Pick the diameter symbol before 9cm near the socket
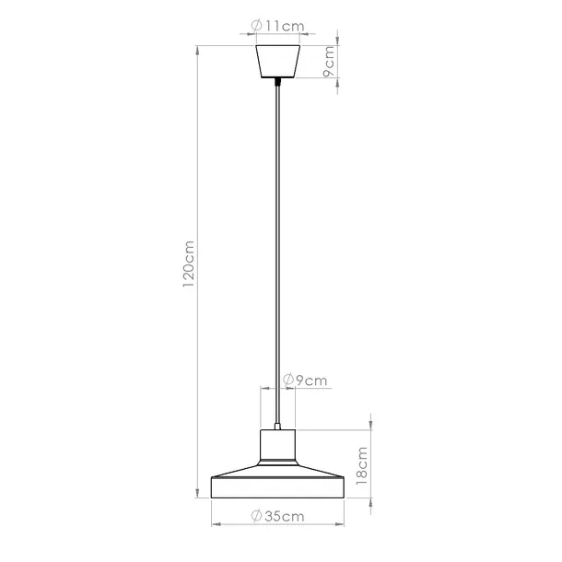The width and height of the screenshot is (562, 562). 288,380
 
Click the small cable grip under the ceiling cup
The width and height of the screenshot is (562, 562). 277,84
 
